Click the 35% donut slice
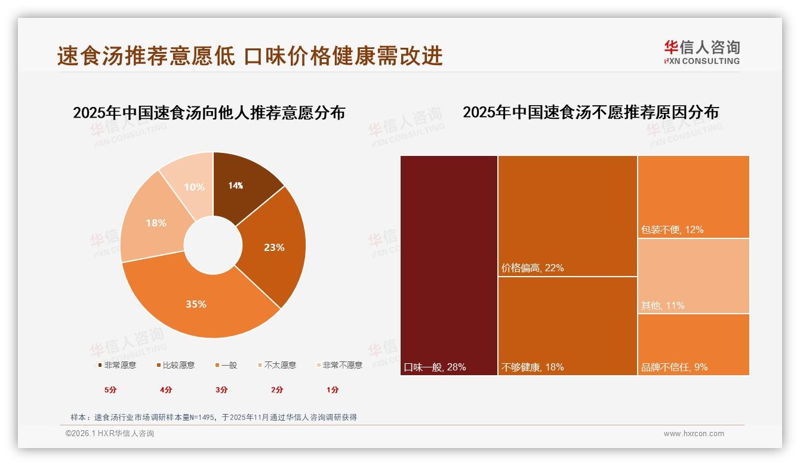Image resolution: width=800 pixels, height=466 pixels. [196, 304]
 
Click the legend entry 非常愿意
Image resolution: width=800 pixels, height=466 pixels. [117, 365]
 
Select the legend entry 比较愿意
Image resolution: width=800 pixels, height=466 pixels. [176, 365]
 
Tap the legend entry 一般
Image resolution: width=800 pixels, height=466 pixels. [226, 365]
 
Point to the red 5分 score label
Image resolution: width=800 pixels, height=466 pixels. [110, 390]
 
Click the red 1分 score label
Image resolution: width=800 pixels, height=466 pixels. [333, 390]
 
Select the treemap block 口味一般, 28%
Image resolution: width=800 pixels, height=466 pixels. [449, 265]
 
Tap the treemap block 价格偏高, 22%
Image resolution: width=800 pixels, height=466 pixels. [568, 216]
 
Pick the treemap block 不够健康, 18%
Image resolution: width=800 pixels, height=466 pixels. [568, 326]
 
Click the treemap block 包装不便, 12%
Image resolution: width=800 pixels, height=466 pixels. [694, 197]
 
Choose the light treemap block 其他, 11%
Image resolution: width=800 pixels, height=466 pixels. [694, 275]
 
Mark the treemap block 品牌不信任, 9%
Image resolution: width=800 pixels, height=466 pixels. [694, 344]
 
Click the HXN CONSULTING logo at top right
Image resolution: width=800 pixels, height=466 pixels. [702, 53]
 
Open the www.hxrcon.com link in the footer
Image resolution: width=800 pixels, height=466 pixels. [694, 434]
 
